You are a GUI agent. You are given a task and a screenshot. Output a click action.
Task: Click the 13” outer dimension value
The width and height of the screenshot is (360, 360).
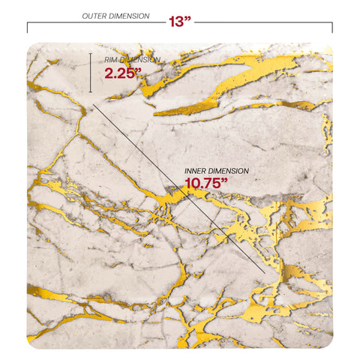point(178,21)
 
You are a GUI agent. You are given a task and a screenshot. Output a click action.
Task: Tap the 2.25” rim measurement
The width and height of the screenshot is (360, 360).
point(121,73)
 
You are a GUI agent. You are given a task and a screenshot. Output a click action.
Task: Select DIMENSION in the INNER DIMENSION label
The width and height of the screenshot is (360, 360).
point(230,171)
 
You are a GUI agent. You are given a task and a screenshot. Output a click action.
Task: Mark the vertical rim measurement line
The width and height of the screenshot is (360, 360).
point(91,73)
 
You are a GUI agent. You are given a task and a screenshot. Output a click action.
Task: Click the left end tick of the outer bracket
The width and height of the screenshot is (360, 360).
point(28,27)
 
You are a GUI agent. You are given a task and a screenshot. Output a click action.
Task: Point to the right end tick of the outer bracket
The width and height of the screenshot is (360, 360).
point(332,27)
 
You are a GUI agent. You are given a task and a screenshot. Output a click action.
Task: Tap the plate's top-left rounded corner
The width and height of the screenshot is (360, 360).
point(33,49)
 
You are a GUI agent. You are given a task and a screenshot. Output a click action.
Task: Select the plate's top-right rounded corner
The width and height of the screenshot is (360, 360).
point(327,49)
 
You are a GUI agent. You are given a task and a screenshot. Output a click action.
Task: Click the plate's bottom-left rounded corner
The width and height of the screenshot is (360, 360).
point(33,341)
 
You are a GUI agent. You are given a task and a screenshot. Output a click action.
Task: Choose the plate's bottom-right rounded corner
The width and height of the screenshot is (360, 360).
point(327,341)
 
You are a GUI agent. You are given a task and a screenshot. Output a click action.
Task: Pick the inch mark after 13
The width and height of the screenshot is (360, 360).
point(188,19)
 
